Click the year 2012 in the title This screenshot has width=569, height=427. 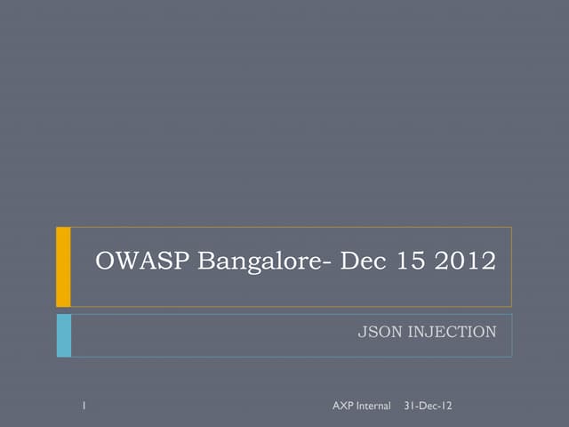point(463,262)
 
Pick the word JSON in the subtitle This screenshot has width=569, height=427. point(377,333)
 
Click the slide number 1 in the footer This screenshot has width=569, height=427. point(82,407)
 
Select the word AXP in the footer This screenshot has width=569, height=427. point(342,407)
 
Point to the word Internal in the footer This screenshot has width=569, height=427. point(373,407)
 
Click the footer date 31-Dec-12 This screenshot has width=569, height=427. point(428,407)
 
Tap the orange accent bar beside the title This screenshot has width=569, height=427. point(63,266)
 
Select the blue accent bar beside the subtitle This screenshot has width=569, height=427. point(63,334)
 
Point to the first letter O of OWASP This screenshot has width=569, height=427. point(106,262)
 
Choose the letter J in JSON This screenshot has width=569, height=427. point(361,333)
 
